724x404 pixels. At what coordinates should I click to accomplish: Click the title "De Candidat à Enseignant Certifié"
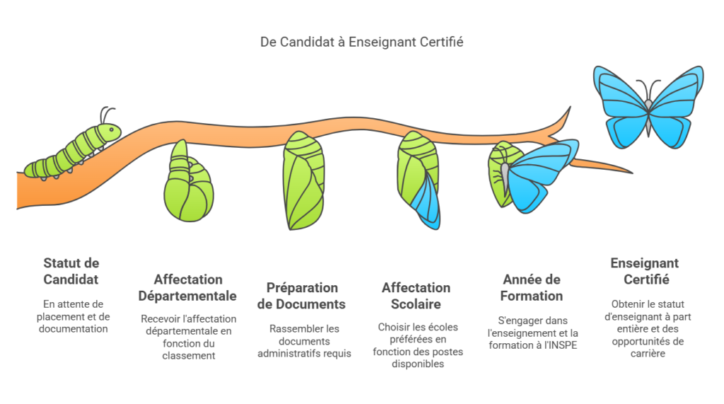pos(361,42)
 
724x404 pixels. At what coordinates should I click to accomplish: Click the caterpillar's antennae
pos(106,115)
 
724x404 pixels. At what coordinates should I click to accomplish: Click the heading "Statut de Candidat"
pos(71,271)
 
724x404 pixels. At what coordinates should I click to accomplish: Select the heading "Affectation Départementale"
pos(187,287)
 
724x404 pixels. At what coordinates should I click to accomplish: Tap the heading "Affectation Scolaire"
pos(416,296)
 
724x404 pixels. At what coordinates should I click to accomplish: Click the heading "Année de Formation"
pos(531,287)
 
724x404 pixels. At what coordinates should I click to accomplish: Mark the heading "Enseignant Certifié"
pos(644,271)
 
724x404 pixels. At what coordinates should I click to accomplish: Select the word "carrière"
pos(645,353)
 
